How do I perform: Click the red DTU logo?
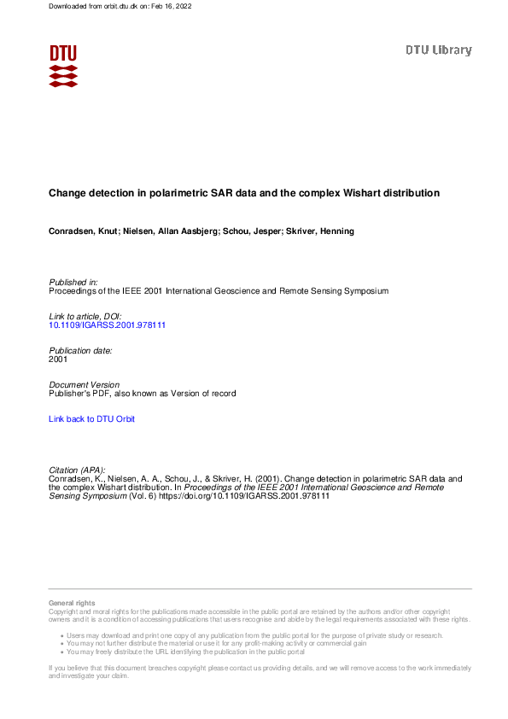[x=63, y=65]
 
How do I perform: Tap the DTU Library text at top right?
[x=438, y=50]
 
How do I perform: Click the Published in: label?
[x=73, y=282]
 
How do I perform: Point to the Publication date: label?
[x=80, y=351]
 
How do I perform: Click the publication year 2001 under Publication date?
[x=58, y=359]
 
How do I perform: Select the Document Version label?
[x=85, y=385]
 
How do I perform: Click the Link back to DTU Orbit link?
[x=92, y=419]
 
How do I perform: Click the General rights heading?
[x=73, y=604]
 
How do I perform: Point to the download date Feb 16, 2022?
[x=168, y=6]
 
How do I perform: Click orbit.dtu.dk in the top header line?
[x=113, y=6]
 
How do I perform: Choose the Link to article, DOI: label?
[x=85, y=317]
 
